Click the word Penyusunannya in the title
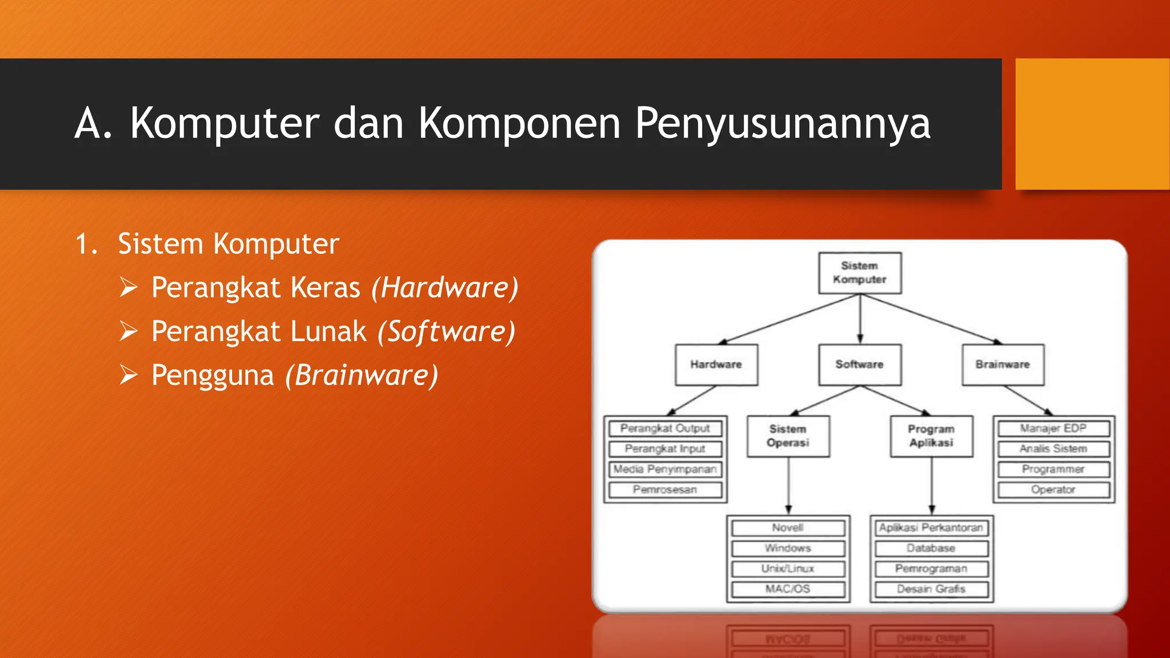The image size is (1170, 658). [783, 123]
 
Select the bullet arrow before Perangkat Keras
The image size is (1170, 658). [129, 287]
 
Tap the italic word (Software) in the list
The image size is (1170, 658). [446, 332]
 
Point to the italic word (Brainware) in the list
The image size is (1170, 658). [362, 376]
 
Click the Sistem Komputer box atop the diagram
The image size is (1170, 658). [860, 273]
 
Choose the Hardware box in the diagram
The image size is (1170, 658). [716, 364]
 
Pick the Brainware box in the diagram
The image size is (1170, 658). [1003, 364]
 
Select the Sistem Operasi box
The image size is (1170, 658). [788, 436]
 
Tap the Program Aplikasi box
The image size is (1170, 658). [931, 436]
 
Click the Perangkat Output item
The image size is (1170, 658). [665, 428]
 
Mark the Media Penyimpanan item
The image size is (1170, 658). [665, 470]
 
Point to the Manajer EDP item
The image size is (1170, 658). [1053, 428]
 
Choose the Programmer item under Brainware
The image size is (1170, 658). [1053, 470]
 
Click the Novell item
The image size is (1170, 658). [788, 528]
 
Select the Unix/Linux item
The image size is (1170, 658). [788, 569]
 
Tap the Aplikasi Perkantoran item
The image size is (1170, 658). [931, 528]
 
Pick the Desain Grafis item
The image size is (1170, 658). [931, 589]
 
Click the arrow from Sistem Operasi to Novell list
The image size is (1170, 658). [788, 486]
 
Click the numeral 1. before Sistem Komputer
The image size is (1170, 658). [86, 244]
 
